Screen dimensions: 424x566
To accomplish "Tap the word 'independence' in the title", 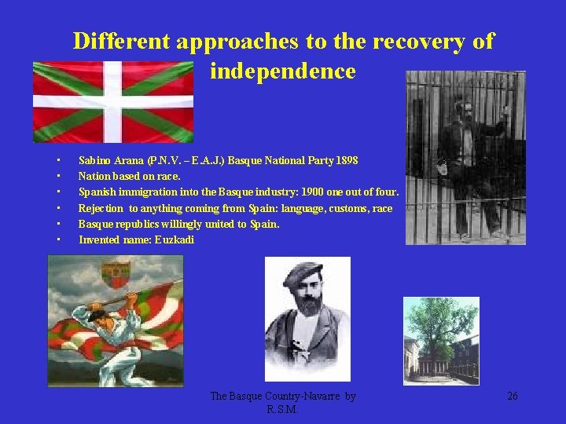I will pos(283,71).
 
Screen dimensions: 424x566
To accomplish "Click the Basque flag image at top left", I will pos(112,101).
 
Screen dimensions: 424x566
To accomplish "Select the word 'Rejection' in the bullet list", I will pos(101,208).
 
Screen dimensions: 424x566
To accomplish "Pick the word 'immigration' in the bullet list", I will pos(145,192).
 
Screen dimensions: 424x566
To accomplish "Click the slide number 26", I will pos(512,397).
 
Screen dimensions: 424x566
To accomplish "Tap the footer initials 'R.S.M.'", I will pos(282,409).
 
